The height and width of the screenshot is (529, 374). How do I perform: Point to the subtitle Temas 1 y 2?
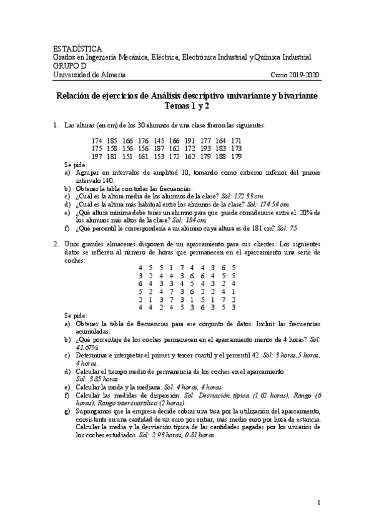pos(187,106)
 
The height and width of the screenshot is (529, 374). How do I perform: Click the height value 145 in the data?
pos(159,141)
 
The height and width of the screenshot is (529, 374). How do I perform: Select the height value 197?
pos(97,156)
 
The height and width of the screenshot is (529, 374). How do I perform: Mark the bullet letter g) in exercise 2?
pos(67,412)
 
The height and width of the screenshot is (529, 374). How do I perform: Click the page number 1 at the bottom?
pos(318,502)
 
